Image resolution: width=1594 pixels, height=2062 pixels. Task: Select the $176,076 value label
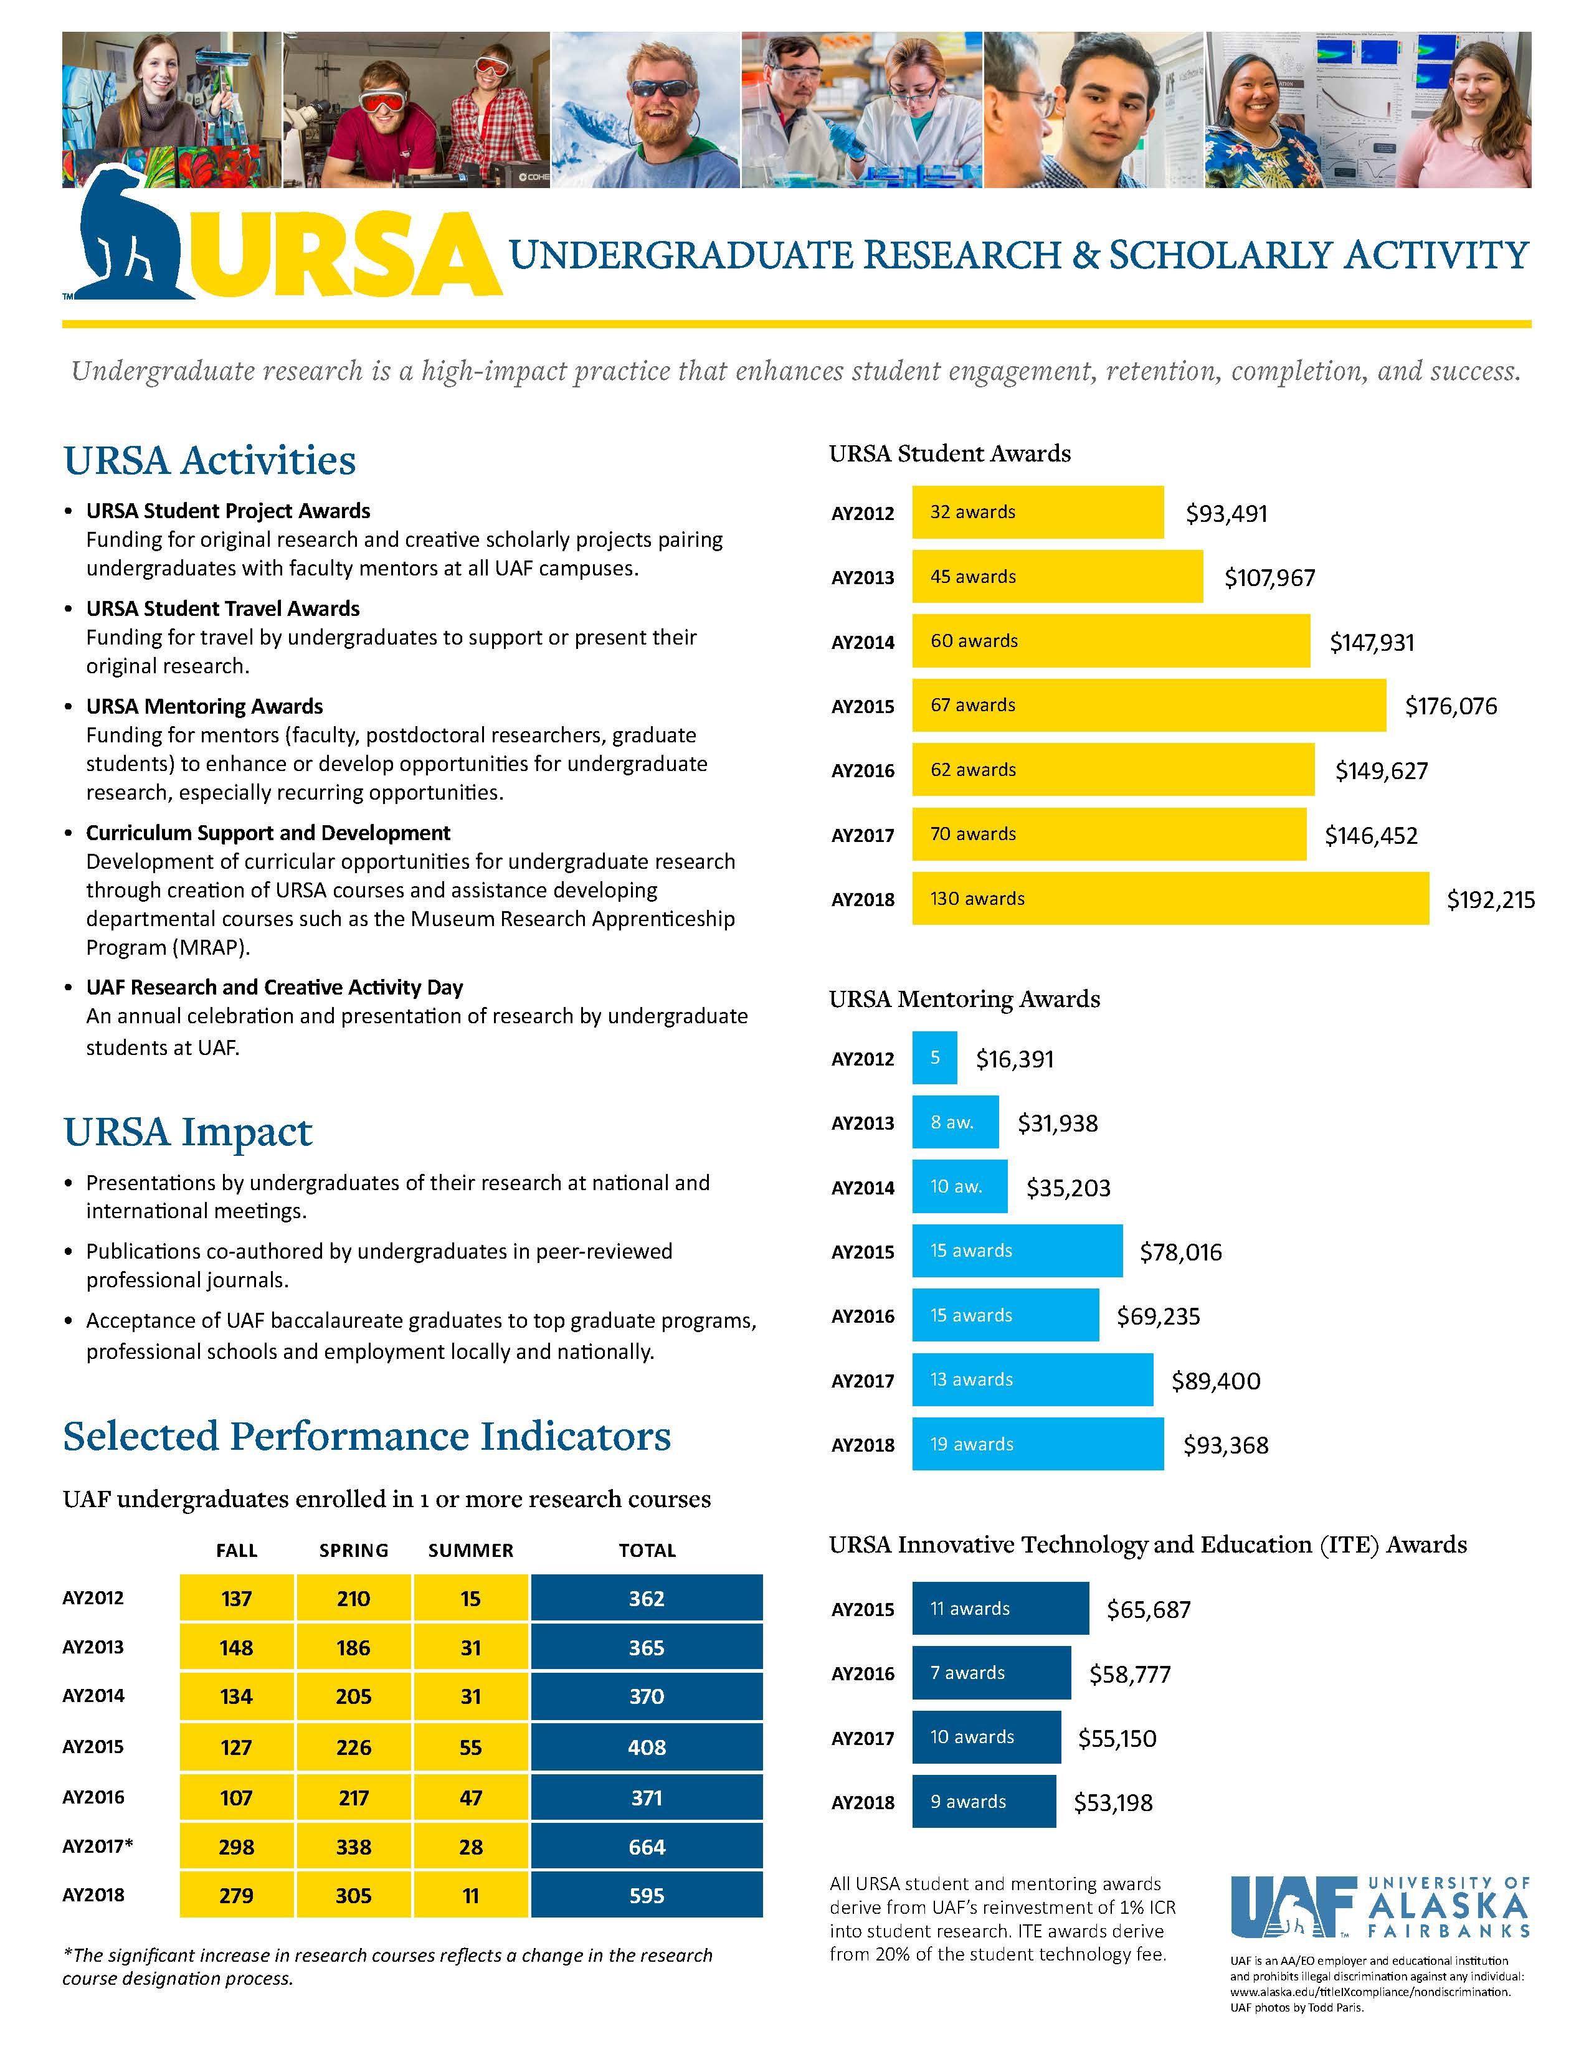click(1451, 706)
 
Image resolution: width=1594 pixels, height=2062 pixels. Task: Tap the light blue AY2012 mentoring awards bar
click(934, 1057)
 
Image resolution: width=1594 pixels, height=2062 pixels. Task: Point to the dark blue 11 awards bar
click(999, 1608)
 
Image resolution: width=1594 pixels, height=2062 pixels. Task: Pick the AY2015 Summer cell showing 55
click(470, 1747)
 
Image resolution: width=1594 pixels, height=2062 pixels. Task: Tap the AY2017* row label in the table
click(97, 1846)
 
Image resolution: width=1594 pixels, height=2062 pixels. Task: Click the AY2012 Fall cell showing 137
click(236, 1599)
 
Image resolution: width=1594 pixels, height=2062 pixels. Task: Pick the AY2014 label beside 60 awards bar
click(862, 642)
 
